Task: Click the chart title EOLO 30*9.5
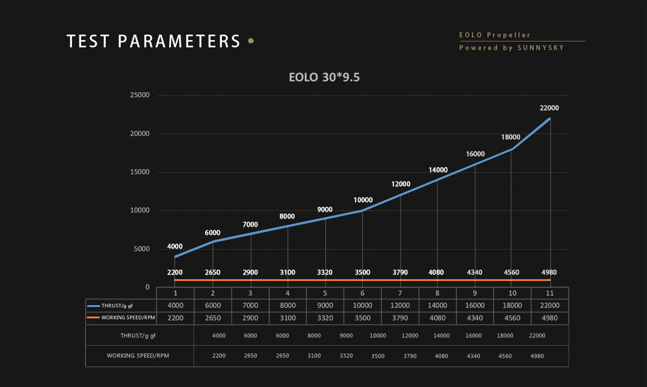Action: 324,77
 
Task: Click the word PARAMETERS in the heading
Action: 179,41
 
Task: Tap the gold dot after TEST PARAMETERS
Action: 251,41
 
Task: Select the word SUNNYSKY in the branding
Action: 541,48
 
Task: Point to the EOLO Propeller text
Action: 495,35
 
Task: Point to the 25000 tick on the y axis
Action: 140,95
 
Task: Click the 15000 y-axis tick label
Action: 140,172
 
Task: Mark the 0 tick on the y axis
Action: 148,287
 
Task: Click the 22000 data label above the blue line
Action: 549,108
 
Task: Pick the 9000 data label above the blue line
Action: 325,209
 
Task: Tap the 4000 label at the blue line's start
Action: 175,247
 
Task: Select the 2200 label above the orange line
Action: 175,272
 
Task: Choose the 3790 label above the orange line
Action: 400,272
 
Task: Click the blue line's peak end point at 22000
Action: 550,119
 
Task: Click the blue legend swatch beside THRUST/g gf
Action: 93,306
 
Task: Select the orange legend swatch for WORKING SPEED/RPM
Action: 93,318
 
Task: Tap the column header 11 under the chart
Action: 550,293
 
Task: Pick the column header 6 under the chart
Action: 362,293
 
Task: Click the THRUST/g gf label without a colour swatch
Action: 138,336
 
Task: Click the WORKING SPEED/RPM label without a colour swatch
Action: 138,356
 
